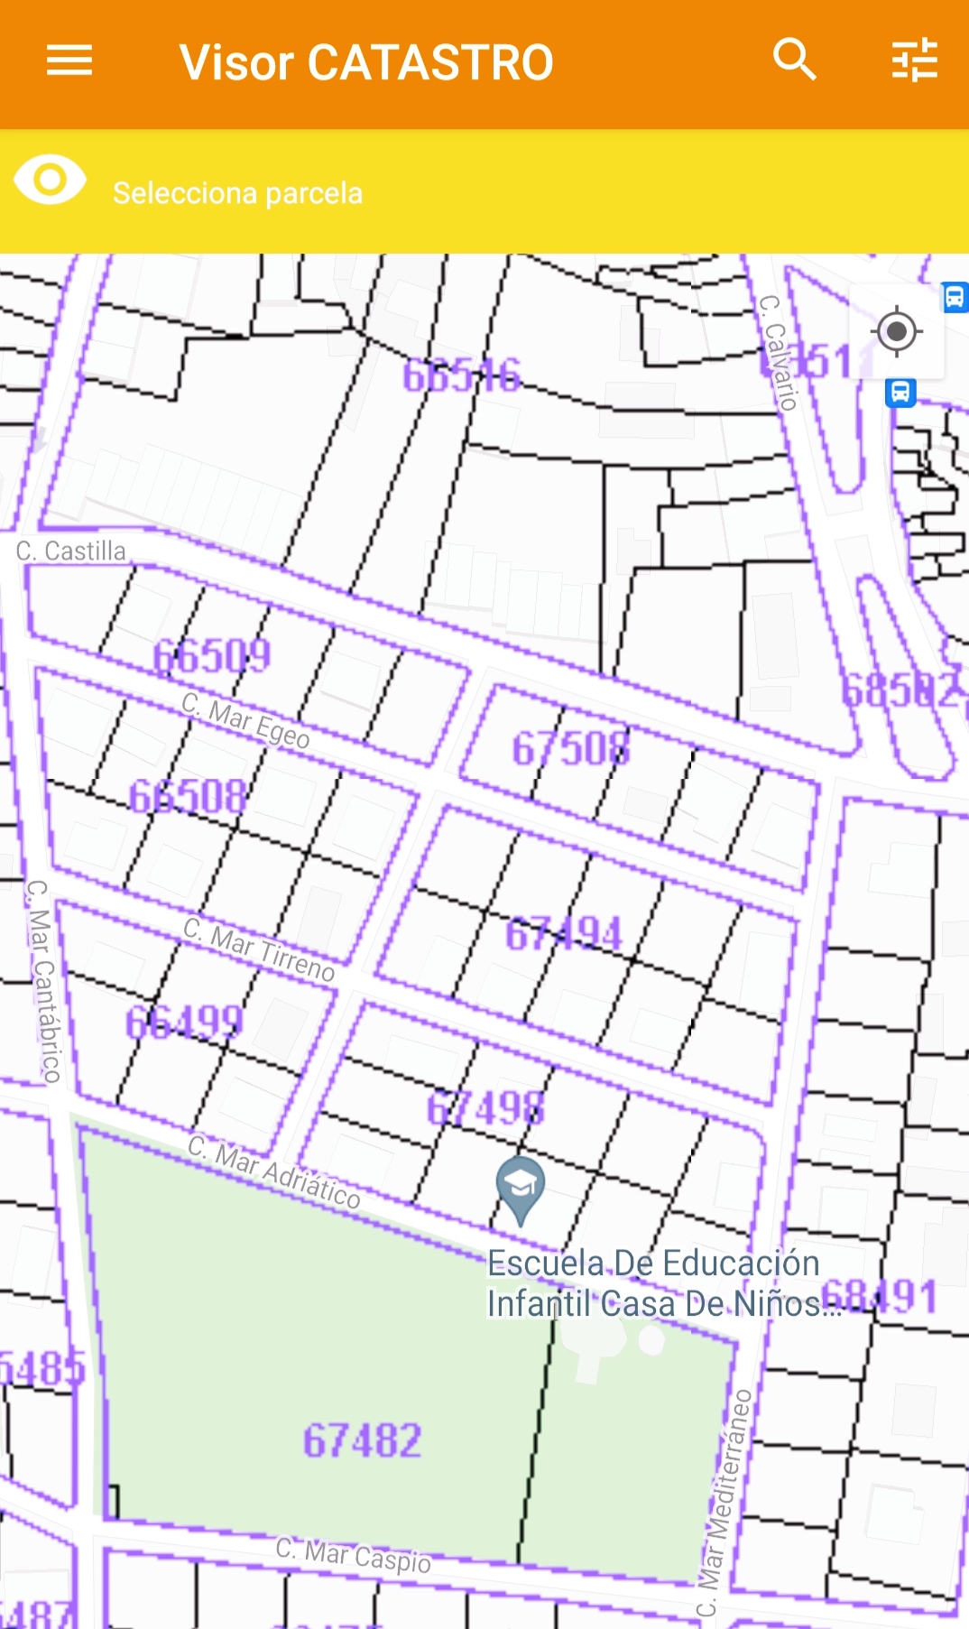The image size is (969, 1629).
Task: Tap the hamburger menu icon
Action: click(69, 61)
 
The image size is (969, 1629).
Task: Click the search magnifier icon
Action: click(795, 60)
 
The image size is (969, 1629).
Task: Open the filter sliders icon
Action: click(915, 60)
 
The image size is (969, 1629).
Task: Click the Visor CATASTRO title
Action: click(365, 63)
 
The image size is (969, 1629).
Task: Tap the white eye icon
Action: click(51, 180)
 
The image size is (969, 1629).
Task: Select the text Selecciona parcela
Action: click(237, 193)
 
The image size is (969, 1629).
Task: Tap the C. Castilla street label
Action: click(71, 551)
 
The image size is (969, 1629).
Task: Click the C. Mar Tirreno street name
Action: click(259, 949)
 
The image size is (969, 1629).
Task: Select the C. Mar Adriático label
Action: click(274, 1172)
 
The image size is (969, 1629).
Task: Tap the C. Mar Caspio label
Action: click(354, 1554)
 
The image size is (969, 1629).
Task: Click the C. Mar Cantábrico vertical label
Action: click(43, 980)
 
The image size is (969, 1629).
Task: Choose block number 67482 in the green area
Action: click(362, 1440)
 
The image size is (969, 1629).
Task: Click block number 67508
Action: click(571, 749)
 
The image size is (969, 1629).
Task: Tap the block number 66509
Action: click(212, 656)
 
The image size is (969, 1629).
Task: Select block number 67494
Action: click(564, 934)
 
